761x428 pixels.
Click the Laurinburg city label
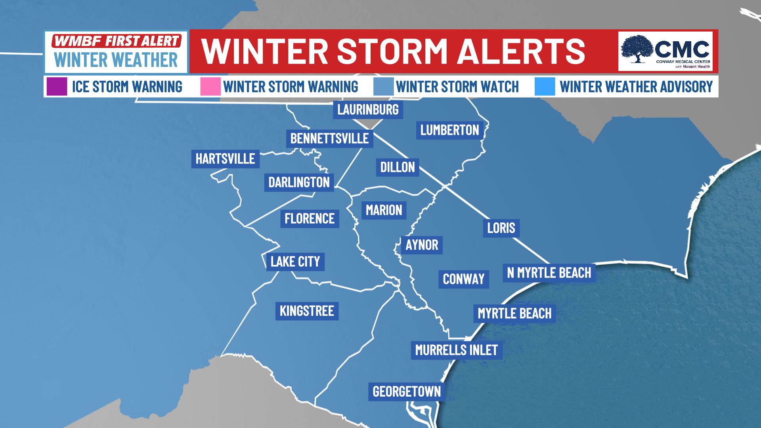tap(368, 109)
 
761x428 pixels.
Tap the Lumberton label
tap(449, 130)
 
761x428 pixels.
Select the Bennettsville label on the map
tap(329, 138)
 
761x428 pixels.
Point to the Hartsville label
tap(225, 159)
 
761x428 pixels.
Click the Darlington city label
tap(299, 182)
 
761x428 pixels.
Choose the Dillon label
tap(398, 167)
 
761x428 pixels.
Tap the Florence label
tap(310, 218)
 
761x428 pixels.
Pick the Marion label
tap(384, 210)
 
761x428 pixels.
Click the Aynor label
tap(422, 245)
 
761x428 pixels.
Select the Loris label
tap(501, 228)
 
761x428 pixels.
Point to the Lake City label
tap(295, 262)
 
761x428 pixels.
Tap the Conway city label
tap(463, 279)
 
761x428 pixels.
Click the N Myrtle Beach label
tap(549, 273)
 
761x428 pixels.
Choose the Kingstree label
tap(307, 311)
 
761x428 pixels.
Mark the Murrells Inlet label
tap(456, 350)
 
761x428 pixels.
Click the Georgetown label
tap(407, 392)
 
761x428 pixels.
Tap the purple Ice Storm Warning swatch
tap(56, 87)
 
